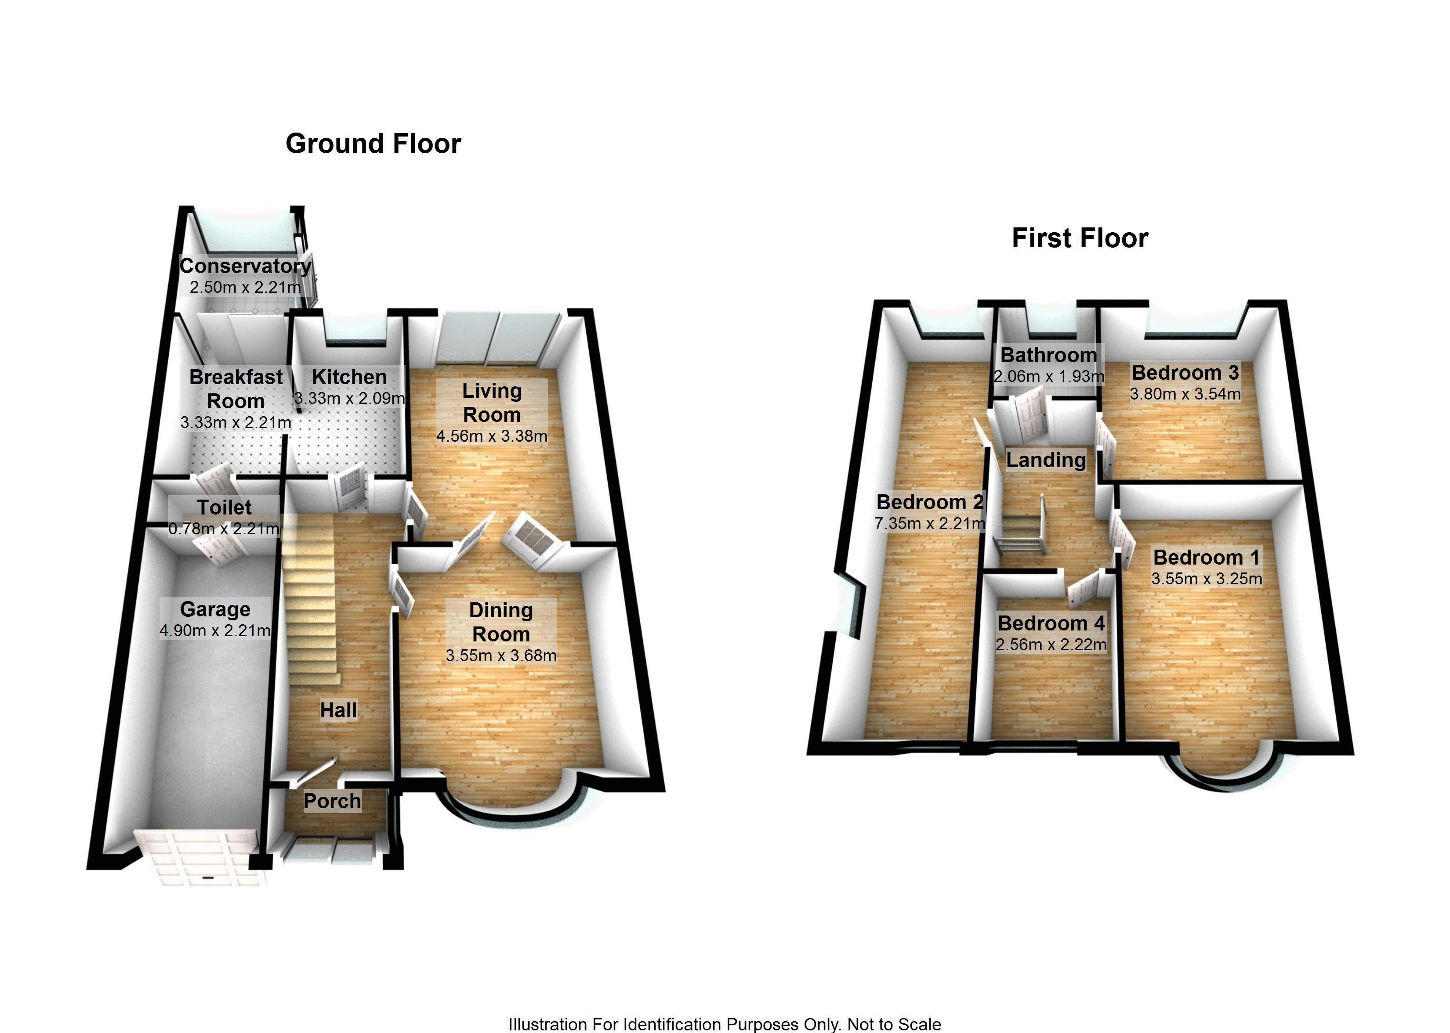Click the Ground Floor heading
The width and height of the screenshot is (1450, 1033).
click(x=373, y=144)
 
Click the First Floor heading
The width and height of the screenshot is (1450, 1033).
click(x=1080, y=238)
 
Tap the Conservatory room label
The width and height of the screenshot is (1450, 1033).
click(x=245, y=266)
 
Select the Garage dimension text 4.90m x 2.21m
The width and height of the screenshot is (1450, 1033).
click(x=215, y=631)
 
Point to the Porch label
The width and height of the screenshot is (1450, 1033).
click(x=332, y=801)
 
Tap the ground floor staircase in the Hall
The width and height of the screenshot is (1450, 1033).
click(x=309, y=604)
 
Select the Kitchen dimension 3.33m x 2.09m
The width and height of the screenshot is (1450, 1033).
click(x=349, y=399)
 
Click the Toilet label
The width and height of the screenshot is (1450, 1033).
click(x=224, y=507)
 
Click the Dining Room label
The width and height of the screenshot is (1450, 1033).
click(x=501, y=622)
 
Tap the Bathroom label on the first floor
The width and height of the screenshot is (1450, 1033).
click(x=1048, y=355)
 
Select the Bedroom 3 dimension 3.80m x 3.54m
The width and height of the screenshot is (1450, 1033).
click(x=1185, y=394)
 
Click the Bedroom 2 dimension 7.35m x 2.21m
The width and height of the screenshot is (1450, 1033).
click(x=930, y=523)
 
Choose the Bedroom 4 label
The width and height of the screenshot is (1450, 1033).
click(x=1051, y=623)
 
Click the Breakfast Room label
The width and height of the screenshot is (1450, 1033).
click(x=236, y=389)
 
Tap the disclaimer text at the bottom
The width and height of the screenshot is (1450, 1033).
click(x=725, y=1024)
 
